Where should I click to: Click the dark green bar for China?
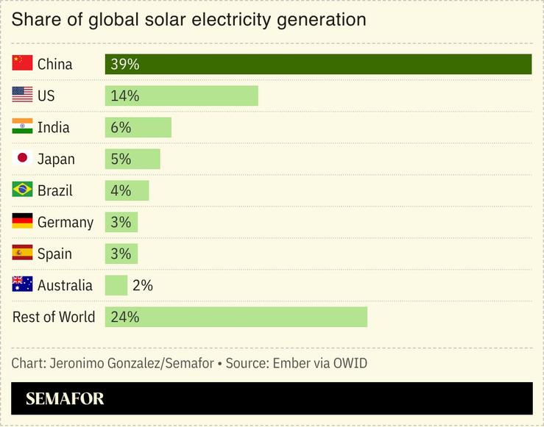point(318,64)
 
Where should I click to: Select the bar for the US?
point(181,96)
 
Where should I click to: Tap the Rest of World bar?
point(236,317)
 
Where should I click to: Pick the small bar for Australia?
point(116,285)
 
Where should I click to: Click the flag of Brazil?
point(23,190)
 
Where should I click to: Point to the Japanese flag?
point(23,159)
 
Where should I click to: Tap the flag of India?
point(23,127)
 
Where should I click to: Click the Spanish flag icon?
point(23,254)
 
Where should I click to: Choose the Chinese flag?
point(23,64)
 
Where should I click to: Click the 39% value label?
point(124,64)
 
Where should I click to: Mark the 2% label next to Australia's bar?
point(143,285)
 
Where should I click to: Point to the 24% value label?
point(124,317)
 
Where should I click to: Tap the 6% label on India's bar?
point(121,127)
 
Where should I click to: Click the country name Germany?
point(66,222)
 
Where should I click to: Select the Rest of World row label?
point(54,317)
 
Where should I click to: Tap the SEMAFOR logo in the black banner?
point(65,399)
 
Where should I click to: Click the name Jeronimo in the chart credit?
point(80,363)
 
